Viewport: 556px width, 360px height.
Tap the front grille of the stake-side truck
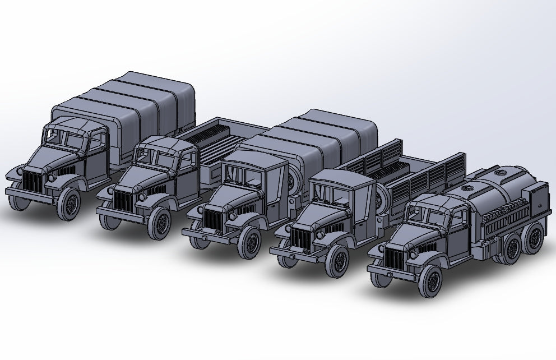tap(300, 234)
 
